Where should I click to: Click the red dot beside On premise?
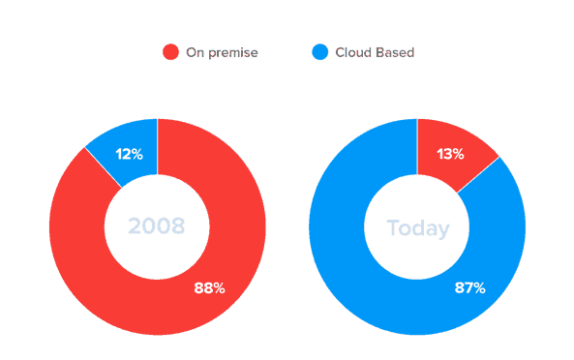(x=171, y=52)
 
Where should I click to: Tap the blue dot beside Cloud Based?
(x=320, y=52)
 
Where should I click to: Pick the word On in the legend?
(x=195, y=52)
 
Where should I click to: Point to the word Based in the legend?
(x=397, y=52)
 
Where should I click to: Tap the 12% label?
(x=130, y=154)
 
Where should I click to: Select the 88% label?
(x=210, y=287)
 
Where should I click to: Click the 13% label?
(x=450, y=154)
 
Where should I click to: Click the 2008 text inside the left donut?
(x=157, y=227)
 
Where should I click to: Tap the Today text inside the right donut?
(x=418, y=228)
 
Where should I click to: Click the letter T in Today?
(x=393, y=228)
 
